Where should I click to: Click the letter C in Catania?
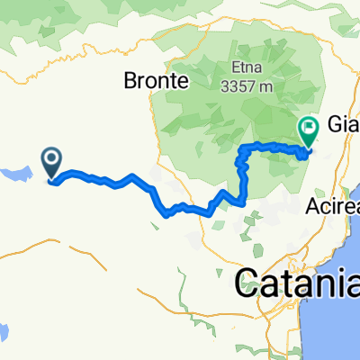pyautogui.click(x=247, y=284)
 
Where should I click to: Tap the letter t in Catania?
pyautogui.click(x=290, y=284)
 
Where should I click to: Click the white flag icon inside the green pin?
pyautogui.click(x=309, y=127)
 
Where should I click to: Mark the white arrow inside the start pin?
pyautogui.click(x=52, y=161)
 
